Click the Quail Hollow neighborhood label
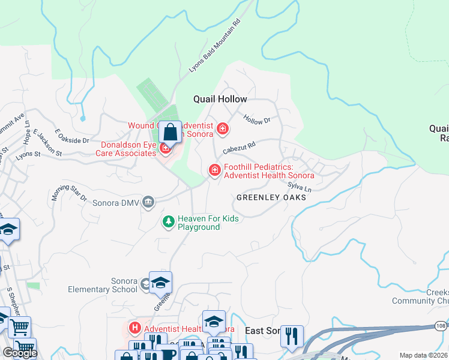pyautogui.click(x=220, y=99)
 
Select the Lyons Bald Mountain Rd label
pyautogui.click(x=214, y=46)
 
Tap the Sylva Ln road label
pyautogui.click(x=300, y=188)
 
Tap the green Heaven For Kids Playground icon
pyautogui.click(x=169, y=223)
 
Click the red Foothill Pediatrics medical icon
pyautogui.click(x=214, y=171)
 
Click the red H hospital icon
pyautogui.click(x=134, y=328)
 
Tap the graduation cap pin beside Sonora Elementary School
pyautogui.click(x=160, y=283)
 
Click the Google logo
pyautogui.click(x=20, y=353)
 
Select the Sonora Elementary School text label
pyautogui.click(x=112, y=285)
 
